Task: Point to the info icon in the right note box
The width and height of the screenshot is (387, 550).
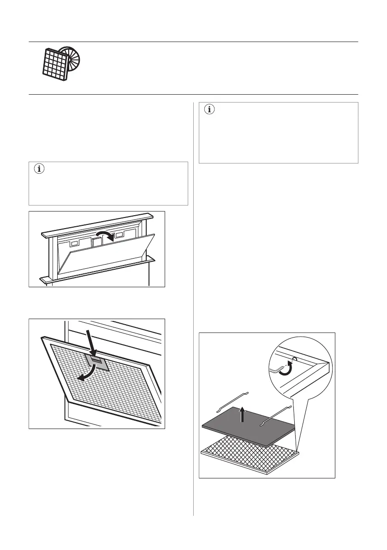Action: click(x=210, y=110)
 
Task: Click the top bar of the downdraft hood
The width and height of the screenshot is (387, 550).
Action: click(x=96, y=225)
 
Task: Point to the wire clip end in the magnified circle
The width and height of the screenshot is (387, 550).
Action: click(x=277, y=369)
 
